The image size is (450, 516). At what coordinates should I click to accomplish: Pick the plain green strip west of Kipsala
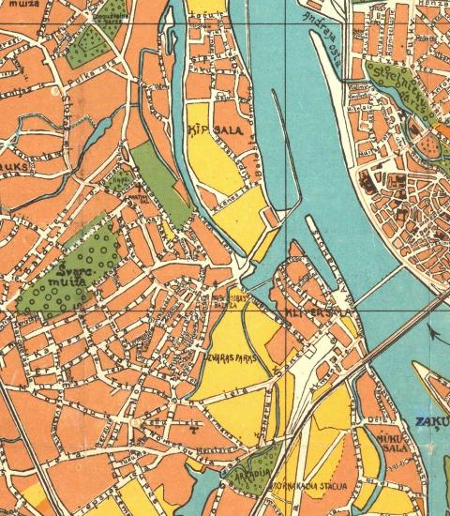click(x=161, y=183)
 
